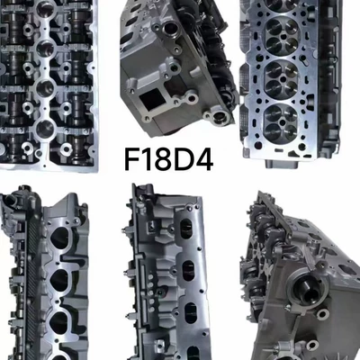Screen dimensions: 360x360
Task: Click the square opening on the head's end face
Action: point(151,99)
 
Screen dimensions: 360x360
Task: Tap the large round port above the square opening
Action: point(170,29)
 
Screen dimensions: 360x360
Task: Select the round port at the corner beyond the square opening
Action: point(220,118)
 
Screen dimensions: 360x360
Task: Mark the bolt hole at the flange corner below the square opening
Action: point(148,119)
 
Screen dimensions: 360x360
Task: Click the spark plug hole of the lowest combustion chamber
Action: point(282,122)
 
